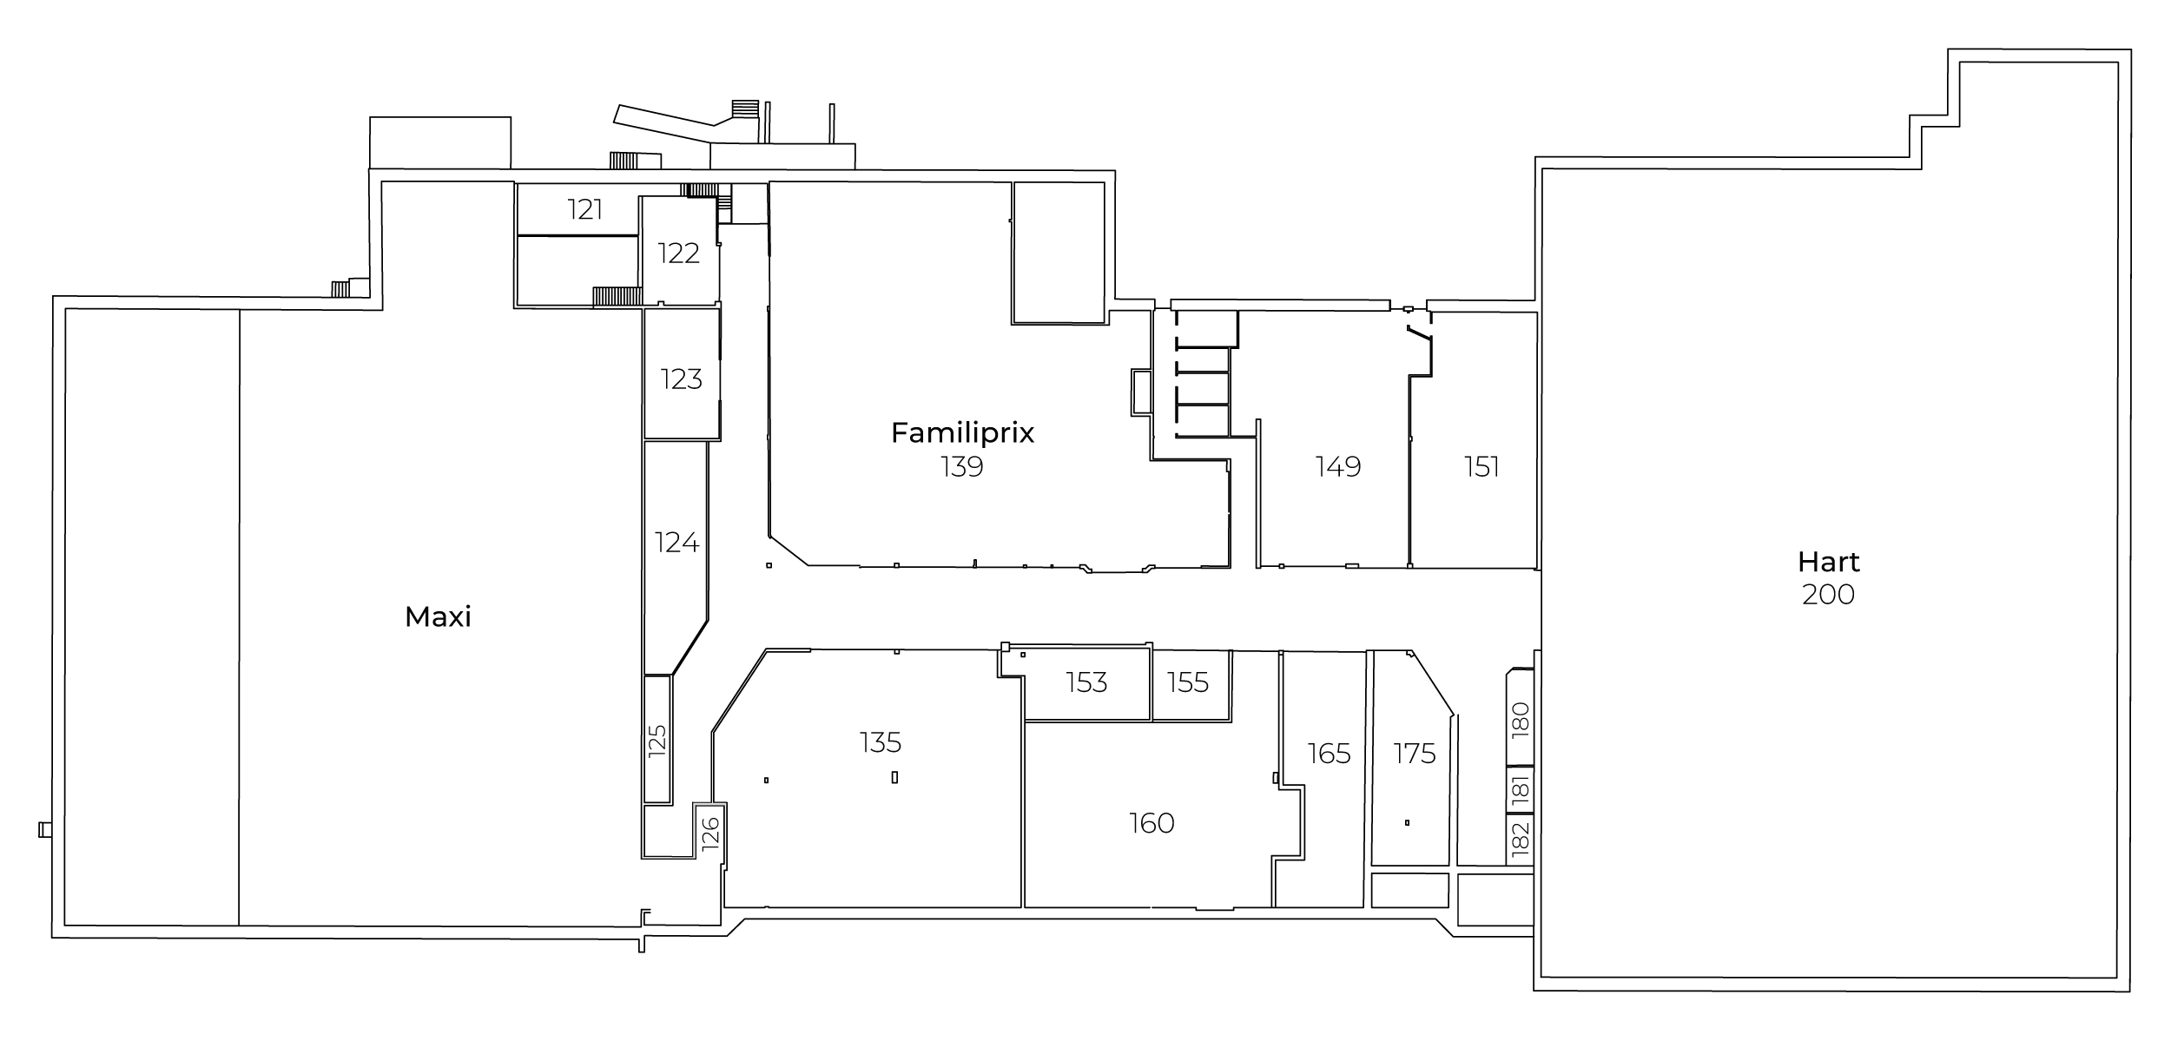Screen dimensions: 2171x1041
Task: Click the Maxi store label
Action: click(438, 617)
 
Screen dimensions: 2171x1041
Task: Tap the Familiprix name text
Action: click(962, 432)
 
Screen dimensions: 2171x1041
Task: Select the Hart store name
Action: click(1828, 563)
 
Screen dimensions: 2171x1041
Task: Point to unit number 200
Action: click(1828, 595)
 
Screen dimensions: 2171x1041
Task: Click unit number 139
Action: click(962, 467)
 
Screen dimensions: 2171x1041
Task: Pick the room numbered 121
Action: click(585, 209)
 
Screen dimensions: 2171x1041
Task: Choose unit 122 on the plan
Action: click(678, 254)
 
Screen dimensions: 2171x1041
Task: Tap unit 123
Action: click(681, 379)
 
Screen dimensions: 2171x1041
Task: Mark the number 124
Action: click(676, 543)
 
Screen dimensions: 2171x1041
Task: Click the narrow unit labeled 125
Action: click(657, 740)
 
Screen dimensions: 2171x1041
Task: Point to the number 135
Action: click(881, 742)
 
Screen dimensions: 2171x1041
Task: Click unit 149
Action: click(1338, 467)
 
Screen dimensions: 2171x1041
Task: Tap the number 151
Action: click(1481, 467)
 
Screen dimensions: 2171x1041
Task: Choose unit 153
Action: click(1086, 682)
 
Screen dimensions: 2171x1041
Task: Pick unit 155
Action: click(1188, 682)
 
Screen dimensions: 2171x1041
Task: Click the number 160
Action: click(1151, 823)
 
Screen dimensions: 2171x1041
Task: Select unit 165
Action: click(1330, 754)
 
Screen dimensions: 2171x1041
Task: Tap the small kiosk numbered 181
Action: click(1520, 790)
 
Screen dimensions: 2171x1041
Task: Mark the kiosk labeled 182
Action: click(1520, 840)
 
